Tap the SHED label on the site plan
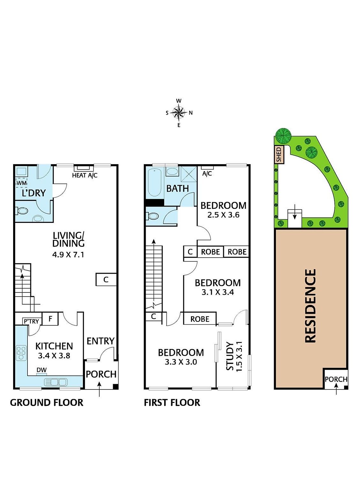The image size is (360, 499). click(x=279, y=155)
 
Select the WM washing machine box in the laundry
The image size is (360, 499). click(x=21, y=183)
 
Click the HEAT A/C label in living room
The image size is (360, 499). click(x=85, y=175)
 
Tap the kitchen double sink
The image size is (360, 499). click(x=56, y=382)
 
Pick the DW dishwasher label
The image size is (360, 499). click(x=42, y=370)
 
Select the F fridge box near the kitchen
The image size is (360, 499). click(x=50, y=319)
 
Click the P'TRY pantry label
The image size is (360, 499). click(x=31, y=321)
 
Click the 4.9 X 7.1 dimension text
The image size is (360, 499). click(x=68, y=254)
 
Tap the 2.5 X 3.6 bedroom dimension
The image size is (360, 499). click(x=223, y=215)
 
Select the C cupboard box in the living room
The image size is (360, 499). click(x=106, y=279)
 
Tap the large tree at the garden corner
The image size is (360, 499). click(x=283, y=136)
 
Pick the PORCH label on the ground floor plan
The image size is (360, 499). click(x=101, y=374)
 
